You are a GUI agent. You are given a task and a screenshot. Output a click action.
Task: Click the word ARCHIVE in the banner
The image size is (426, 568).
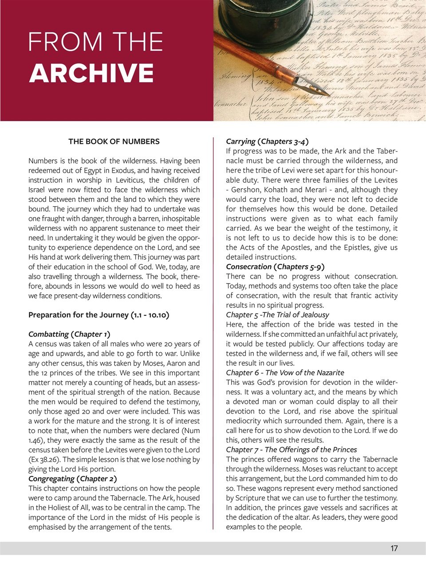coord(91,74)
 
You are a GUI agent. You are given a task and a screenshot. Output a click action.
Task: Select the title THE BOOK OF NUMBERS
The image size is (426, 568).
coord(114,142)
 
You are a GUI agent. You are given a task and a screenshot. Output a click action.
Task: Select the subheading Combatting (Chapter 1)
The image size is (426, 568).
coord(69,334)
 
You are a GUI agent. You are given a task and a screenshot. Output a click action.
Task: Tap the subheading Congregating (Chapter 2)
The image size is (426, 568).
coord(73,479)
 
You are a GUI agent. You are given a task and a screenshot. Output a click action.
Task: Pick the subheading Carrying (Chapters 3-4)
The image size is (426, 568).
coord(267,142)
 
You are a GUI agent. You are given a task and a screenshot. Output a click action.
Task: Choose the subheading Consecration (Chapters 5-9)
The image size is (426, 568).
coord(275,267)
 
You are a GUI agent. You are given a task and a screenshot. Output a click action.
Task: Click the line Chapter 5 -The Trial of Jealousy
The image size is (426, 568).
coord(277,315)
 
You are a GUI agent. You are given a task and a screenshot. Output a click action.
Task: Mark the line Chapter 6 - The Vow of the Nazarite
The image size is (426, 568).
coord(285,373)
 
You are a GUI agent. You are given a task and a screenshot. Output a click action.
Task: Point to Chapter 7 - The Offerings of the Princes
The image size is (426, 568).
coord(291,450)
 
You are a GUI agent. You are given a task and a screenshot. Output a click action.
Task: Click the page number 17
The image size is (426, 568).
coord(394,548)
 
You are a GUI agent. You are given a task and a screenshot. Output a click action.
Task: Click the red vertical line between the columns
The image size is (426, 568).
coord(213,333)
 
